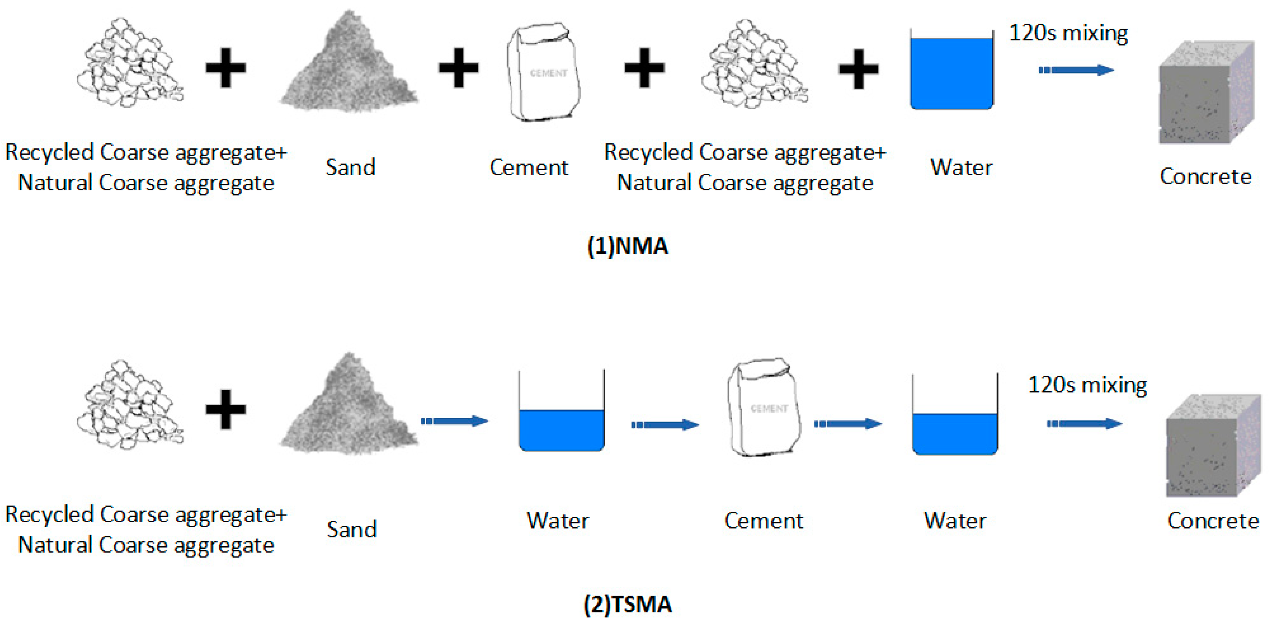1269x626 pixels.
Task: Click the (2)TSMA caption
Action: pyautogui.click(x=628, y=604)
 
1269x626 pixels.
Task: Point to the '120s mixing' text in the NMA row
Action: pyautogui.click(x=1068, y=34)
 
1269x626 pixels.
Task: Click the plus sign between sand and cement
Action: pyautogui.click(x=458, y=68)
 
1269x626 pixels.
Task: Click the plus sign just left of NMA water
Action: pyautogui.click(x=858, y=69)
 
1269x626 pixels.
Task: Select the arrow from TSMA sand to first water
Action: pyautogui.click(x=454, y=421)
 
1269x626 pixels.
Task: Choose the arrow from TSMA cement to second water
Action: pyautogui.click(x=847, y=424)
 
